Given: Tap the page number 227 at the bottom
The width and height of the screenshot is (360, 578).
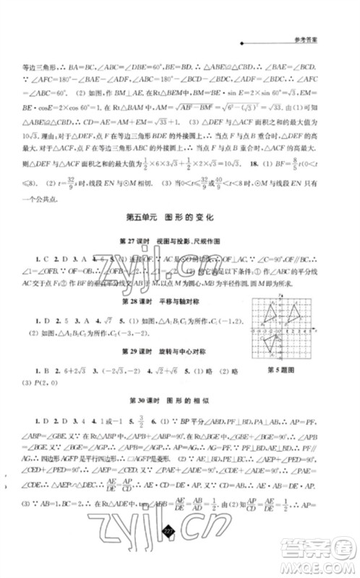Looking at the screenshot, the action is pyautogui.click(x=169, y=552).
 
